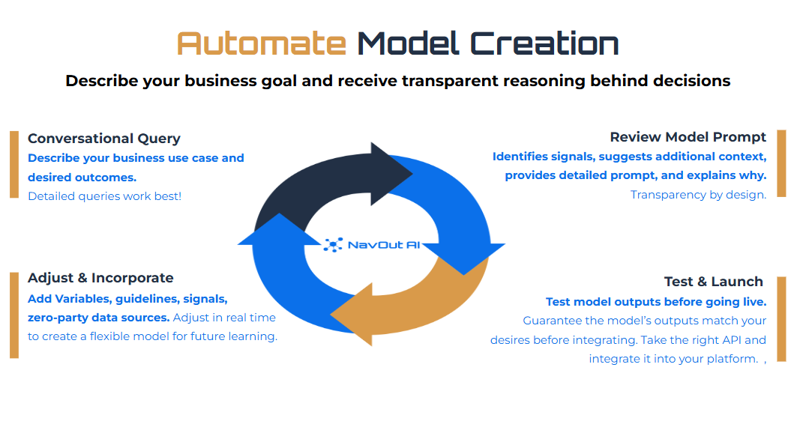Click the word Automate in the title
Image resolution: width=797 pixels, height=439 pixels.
(x=262, y=44)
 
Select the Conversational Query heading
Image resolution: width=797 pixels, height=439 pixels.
(x=104, y=139)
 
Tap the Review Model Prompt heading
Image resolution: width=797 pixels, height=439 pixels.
(x=688, y=137)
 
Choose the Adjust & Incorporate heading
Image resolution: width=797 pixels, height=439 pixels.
(x=100, y=278)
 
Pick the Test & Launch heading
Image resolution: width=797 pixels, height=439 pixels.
(x=713, y=282)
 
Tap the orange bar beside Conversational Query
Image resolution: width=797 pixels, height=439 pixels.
(x=13, y=164)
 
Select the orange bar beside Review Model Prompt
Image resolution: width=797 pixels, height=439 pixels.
(x=781, y=163)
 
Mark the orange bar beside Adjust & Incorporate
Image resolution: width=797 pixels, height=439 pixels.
(x=13, y=315)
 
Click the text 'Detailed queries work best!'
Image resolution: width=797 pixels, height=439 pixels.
(x=104, y=196)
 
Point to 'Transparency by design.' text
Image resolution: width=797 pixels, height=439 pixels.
(x=698, y=195)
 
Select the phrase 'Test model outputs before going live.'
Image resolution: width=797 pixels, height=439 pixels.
(x=655, y=302)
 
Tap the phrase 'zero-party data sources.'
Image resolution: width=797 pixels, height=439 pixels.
(x=98, y=318)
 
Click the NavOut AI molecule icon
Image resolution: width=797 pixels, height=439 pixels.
(x=334, y=244)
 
